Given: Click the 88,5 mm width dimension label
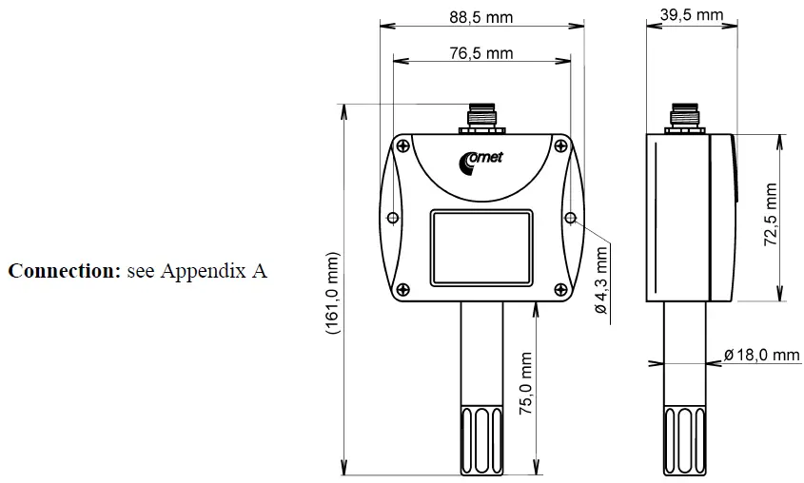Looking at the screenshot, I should click(x=480, y=16).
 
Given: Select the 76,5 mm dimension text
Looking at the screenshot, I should click(x=480, y=53).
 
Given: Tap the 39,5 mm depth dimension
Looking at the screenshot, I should click(x=691, y=16).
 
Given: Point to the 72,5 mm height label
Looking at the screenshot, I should click(x=771, y=216).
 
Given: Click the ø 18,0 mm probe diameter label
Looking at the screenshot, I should click(x=761, y=355).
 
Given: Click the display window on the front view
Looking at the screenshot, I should click(x=480, y=243).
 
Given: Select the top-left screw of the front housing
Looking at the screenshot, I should click(x=403, y=145).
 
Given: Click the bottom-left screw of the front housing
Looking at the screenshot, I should click(x=403, y=290).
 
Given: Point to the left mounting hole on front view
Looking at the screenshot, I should click(x=392, y=218).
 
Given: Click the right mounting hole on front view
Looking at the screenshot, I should click(x=570, y=218).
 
